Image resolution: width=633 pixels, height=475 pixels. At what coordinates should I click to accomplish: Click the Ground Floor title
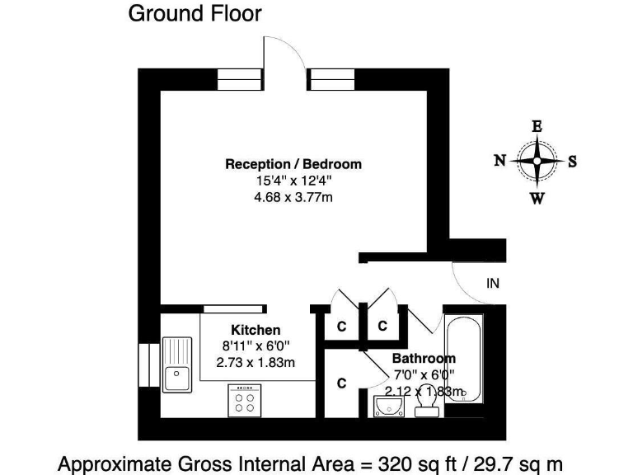[195, 14]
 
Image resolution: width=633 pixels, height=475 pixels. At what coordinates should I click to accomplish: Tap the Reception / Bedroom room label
[293, 164]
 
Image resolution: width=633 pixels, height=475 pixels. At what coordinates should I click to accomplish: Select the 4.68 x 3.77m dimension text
[293, 197]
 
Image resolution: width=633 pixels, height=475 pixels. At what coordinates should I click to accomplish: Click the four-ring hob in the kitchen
[245, 402]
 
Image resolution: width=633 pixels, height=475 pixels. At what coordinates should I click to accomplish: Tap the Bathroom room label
[423, 359]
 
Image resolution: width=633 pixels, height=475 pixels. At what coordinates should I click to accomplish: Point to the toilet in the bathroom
[426, 407]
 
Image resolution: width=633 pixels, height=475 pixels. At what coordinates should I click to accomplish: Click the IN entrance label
[493, 284]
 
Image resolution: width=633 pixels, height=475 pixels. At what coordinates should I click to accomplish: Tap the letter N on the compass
[499, 162]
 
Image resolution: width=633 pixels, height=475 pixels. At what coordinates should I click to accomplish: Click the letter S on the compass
[572, 162]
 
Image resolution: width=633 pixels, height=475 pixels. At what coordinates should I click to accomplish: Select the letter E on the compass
[537, 126]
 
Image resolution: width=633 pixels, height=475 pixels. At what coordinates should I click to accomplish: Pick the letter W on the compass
[537, 198]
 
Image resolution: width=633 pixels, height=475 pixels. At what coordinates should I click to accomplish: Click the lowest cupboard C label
[341, 383]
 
